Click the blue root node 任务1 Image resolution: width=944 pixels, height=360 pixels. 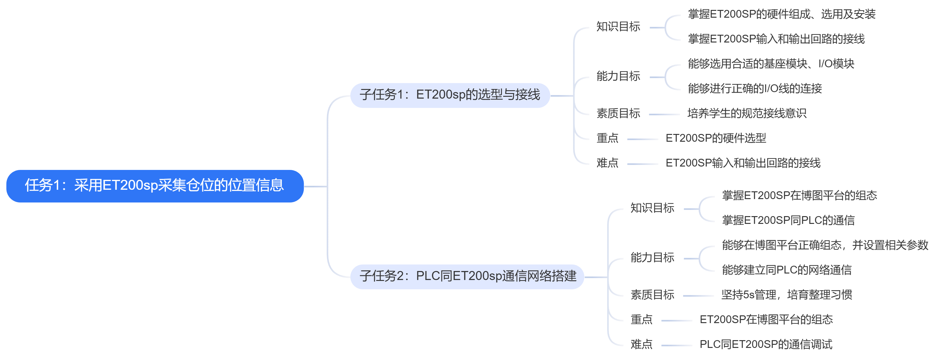155,186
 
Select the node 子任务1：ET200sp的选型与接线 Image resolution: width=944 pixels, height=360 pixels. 450,95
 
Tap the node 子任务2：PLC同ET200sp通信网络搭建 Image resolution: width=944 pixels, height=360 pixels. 467,276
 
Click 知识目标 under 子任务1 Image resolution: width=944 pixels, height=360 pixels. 618,27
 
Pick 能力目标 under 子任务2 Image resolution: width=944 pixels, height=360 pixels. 652,258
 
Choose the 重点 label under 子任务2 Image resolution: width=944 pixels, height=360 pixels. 641,320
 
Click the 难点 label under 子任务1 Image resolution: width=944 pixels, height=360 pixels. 607,163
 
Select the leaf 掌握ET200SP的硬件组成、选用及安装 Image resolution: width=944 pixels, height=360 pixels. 781,14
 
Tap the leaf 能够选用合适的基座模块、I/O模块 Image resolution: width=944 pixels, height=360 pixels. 771,64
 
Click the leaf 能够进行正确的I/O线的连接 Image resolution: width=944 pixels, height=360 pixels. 755,88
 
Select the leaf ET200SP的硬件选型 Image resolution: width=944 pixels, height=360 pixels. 715,138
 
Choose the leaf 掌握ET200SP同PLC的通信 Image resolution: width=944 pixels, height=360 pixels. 788,220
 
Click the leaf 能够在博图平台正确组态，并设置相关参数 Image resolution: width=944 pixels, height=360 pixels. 825,245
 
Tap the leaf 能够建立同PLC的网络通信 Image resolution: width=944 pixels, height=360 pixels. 787,270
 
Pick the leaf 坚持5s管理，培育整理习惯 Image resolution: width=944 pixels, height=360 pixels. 787,295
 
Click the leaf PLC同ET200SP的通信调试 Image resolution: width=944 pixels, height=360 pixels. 765,344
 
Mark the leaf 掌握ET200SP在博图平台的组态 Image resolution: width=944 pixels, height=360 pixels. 799,196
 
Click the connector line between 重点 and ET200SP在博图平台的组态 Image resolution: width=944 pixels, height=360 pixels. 676,321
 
